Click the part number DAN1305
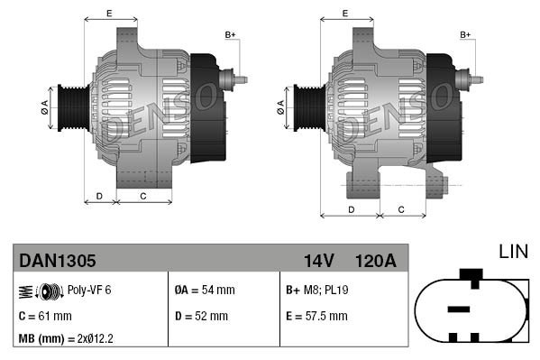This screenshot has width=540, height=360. coord(57,261)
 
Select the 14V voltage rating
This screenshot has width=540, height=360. coord(318,261)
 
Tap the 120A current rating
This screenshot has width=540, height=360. coord(375,261)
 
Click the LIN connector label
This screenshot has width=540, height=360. coord(512,252)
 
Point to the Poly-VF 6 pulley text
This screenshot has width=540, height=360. coord(89,290)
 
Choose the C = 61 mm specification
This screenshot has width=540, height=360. coord(45,316)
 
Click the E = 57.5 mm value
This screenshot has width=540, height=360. coord(316,316)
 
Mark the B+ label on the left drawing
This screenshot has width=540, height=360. coord(230,34)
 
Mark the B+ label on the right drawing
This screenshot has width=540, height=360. coord(466,34)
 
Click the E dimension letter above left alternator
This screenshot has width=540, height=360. coord(109,13)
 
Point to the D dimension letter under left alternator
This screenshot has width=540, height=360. coord(99,195)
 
